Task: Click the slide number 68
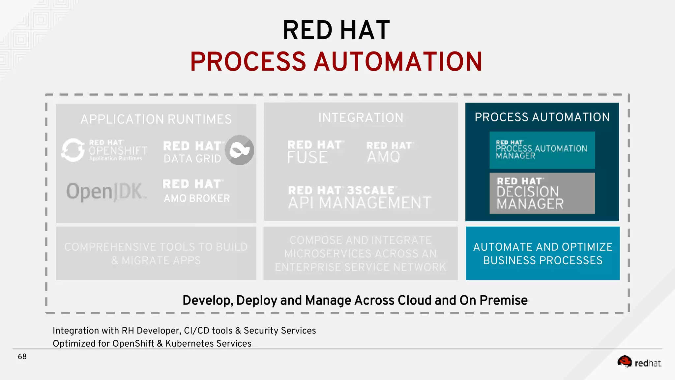click(x=22, y=357)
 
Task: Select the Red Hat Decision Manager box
click(x=542, y=193)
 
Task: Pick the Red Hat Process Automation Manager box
click(x=542, y=150)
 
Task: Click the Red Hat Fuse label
click(x=314, y=152)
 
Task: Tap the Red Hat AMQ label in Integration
click(x=389, y=152)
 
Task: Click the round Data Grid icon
click(x=240, y=150)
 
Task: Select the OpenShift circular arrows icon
click(x=73, y=150)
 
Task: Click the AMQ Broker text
click(x=197, y=198)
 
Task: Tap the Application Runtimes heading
click(x=156, y=119)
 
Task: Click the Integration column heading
click(x=361, y=118)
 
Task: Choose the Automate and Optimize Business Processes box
click(x=543, y=253)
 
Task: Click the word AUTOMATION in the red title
click(x=398, y=62)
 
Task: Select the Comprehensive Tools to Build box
click(x=156, y=253)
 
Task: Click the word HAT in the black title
click(x=365, y=30)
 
